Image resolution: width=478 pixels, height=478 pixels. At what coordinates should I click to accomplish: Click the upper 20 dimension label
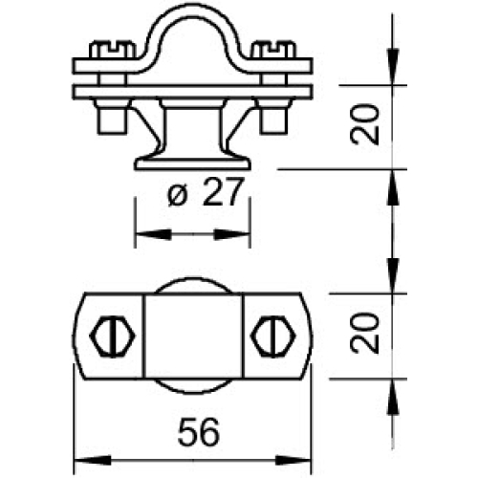363,122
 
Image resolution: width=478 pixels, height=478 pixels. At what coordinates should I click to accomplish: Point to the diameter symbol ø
177,196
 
